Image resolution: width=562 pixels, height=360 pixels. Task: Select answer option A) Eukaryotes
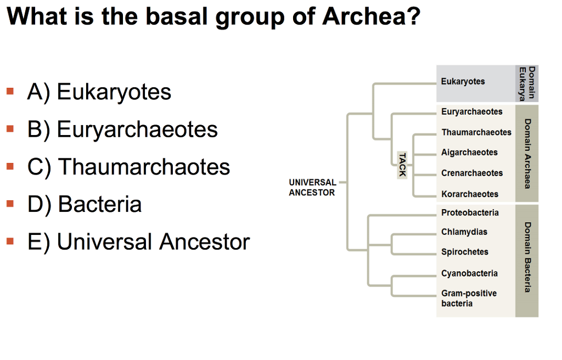(99, 92)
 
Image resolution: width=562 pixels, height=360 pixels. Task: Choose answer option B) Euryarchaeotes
(122, 130)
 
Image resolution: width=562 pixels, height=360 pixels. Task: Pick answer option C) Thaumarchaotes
(128, 167)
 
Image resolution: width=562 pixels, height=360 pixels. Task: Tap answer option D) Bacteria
(85, 204)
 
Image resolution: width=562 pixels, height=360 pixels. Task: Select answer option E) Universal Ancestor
(138, 241)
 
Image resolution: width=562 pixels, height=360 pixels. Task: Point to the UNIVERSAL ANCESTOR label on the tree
(312, 187)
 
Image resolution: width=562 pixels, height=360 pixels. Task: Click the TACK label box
(402, 164)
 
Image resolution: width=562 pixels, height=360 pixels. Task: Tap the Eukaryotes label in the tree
(463, 81)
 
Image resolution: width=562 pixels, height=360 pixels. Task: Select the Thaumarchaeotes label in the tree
(476, 132)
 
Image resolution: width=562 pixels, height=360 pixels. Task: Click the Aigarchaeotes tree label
(469, 153)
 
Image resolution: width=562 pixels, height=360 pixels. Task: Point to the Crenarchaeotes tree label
(471, 173)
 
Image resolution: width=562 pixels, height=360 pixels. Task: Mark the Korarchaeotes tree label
(470, 194)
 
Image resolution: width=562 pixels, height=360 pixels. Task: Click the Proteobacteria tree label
(470, 212)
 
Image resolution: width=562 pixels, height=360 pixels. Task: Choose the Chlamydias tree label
(464, 232)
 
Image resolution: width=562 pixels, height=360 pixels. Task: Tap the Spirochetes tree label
(464, 252)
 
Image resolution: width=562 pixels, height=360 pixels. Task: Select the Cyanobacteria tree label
(469, 273)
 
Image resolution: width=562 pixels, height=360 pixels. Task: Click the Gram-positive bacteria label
(469, 298)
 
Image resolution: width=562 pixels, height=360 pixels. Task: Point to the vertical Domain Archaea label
(527, 154)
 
